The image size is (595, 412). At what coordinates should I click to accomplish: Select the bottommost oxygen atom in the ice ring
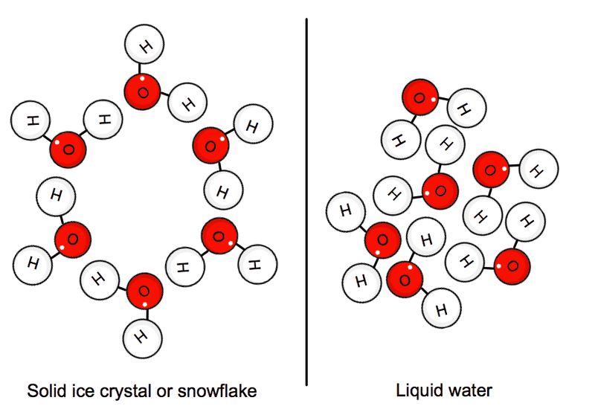[144, 291]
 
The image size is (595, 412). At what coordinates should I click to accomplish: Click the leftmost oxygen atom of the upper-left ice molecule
[68, 149]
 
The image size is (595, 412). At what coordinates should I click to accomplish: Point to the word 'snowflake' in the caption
[224, 390]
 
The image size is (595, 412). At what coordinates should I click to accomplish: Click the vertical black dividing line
[307, 201]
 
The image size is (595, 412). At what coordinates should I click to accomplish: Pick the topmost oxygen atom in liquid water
[419, 97]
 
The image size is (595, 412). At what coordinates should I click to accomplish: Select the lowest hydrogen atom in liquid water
[440, 308]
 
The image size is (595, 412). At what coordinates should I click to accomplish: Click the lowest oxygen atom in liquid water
[405, 280]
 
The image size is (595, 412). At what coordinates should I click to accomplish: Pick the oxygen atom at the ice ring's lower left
[73, 240]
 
